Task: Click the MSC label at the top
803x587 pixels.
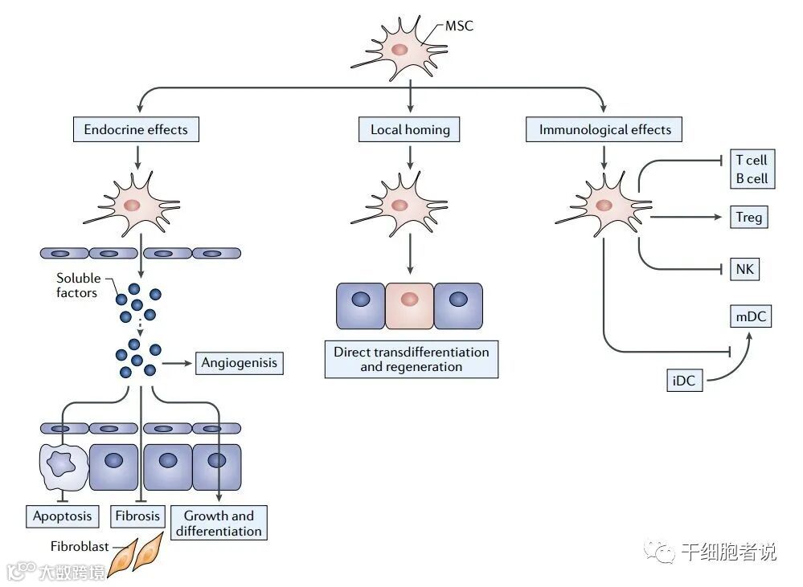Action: [x=459, y=26]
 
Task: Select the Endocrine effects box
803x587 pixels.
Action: [x=136, y=129]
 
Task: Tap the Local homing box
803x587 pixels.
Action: [x=409, y=129]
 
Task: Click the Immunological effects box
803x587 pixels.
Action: [x=604, y=129]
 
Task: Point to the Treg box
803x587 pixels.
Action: [x=748, y=217]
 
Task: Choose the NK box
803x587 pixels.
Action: [x=744, y=269]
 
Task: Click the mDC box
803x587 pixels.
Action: [x=750, y=316]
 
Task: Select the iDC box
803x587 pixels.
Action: [x=684, y=381]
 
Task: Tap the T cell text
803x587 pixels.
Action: [x=752, y=160]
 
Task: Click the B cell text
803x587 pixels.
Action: [x=752, y=178]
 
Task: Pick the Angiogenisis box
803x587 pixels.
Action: [x=240, y=363]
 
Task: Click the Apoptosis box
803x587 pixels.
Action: [x=63, y=516]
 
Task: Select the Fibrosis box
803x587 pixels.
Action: [x=137, y=516]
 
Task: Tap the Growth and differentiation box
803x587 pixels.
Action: [x=219, y=523]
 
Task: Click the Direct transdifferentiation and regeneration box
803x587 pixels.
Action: [x=412, y=359]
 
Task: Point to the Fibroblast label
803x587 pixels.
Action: [x=80, y=547]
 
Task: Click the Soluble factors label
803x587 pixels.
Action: [x=78, y=285]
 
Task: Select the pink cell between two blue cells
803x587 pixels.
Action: [x=409, y=305]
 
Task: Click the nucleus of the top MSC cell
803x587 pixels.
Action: [x=399, y=50]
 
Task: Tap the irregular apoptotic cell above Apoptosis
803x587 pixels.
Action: [x=64, y=466]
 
